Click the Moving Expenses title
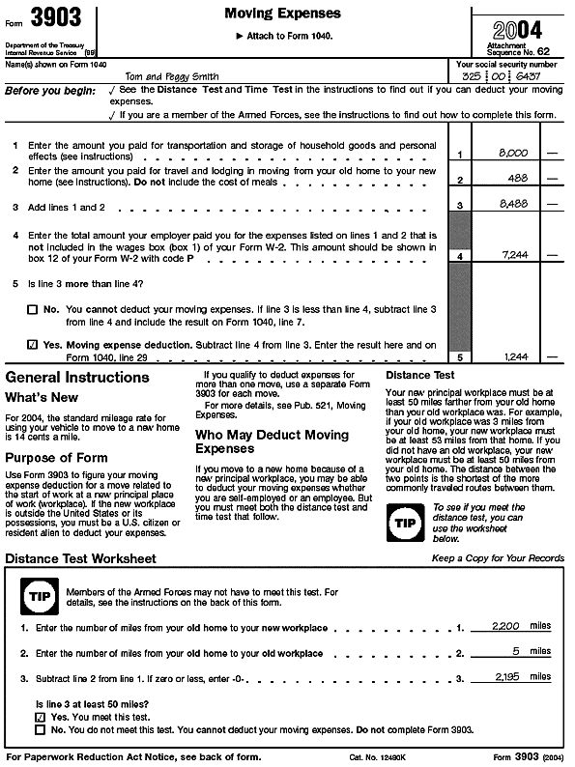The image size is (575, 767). pyautogui.click(x=282, y=14)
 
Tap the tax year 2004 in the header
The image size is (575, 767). pyautogui.click(x=517, y=28)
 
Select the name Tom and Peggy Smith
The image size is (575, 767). pyautogui.click(x=172, y=76)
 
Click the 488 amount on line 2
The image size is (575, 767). pyautogui.click(x=516, y=179)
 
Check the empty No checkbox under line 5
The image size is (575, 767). pyautogui.click(x=32, y=309)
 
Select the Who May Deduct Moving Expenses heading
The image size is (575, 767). pyautogui.click(x=273, y=441)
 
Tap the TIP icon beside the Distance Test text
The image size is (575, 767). pyautogui.click(x=403, y=523)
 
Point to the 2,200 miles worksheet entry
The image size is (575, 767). pyautogui.click(x=505, y=627)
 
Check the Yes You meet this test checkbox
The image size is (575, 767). pyautogui.click(x=40, y=718)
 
